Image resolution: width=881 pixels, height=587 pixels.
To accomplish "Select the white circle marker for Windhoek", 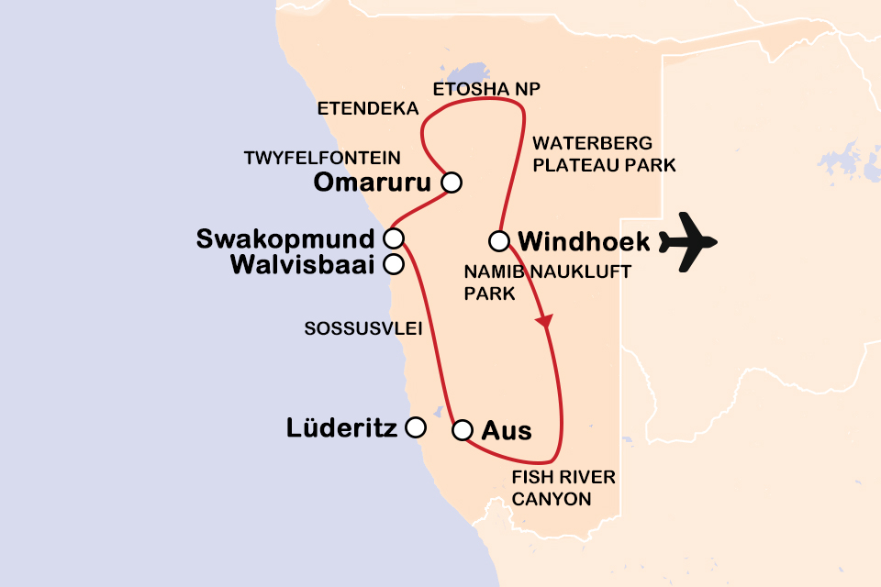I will click(498, 242).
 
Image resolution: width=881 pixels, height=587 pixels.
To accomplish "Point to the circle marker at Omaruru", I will click(451, 183).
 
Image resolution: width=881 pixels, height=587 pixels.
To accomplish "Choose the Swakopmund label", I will click(285, 239).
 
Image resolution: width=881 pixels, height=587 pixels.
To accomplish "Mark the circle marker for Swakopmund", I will click(393, 239).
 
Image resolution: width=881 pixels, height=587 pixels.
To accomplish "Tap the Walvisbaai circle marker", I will click(393, 265).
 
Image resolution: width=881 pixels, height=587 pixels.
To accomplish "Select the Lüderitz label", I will click(341, 427).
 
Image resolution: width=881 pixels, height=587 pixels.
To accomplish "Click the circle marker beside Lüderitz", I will click(416, 427).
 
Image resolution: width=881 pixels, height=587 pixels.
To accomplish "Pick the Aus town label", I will click(507, 429).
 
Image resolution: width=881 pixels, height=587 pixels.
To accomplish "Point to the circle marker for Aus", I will click(463, 429).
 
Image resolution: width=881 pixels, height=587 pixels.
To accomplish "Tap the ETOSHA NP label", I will click(488, 89).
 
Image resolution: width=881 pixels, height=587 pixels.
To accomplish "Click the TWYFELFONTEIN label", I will click(322, 157).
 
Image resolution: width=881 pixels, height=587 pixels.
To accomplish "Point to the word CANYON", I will click(551, 499).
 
